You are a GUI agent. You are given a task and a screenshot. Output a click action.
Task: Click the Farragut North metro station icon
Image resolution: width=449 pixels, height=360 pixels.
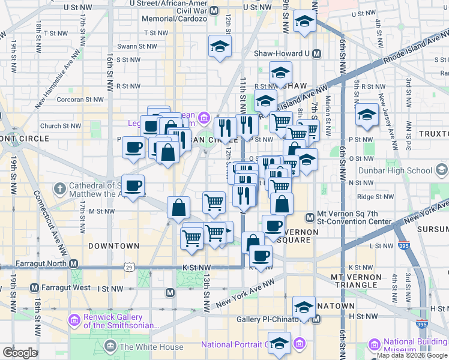[74, 263]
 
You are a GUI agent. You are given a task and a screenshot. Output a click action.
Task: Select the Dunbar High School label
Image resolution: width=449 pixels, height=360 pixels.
[403, 170]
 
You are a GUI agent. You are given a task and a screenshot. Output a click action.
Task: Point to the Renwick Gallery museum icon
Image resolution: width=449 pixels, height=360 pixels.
[74, 319]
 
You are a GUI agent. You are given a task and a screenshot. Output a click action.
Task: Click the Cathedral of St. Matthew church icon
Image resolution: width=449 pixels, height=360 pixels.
[59, 190]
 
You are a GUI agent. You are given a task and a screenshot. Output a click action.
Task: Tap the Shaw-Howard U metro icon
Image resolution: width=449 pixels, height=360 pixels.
[316, 53]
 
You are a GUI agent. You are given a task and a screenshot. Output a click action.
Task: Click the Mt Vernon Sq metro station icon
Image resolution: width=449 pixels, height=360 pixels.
[310, 217]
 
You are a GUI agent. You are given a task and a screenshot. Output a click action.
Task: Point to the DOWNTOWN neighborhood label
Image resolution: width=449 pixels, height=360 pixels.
[113, 246]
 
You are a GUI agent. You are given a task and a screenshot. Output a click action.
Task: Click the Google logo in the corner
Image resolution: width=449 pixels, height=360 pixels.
[20, 353]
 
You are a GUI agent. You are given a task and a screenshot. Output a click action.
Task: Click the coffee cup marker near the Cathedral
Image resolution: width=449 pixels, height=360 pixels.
[134, 186]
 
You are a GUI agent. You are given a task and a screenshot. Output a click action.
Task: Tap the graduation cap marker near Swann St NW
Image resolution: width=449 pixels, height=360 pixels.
[220, 46]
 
